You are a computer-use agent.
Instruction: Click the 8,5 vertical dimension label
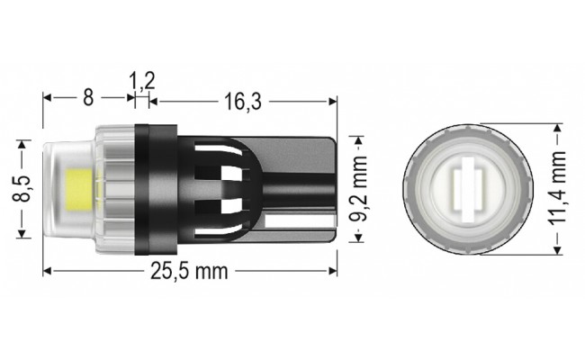coord(27,189)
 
